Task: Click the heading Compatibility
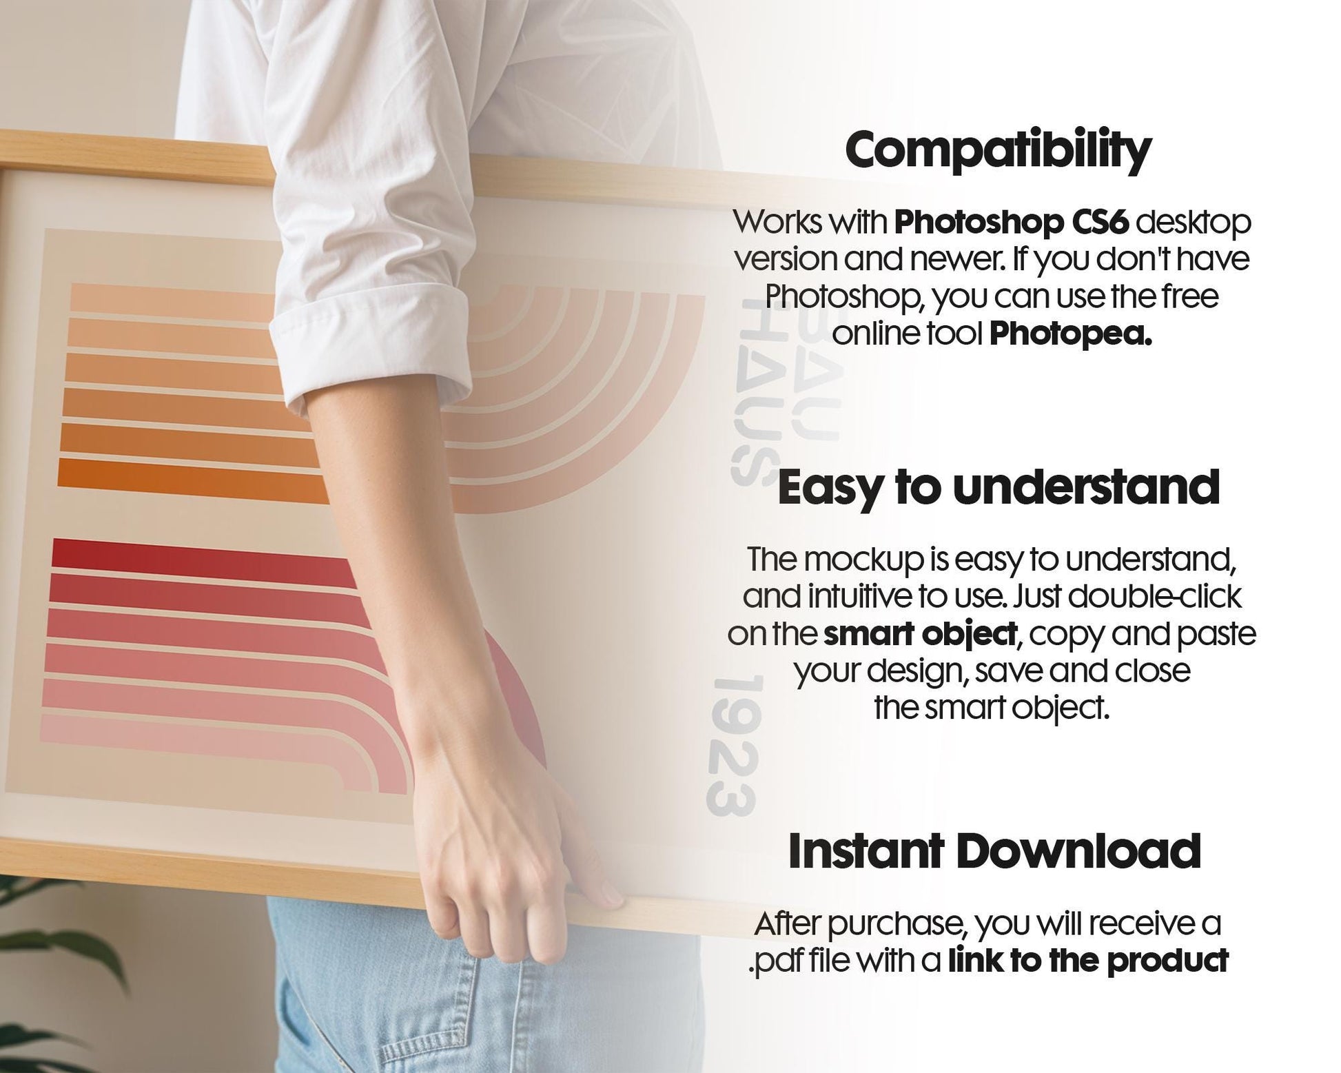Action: pos(998,150)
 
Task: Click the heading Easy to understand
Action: pos(999,487)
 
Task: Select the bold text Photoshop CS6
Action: pos(1011,223)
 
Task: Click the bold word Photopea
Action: pos(1070,334)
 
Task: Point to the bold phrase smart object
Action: pos(919,633)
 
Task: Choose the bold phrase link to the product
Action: pos(1088,961)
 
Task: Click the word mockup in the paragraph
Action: pos(864,560)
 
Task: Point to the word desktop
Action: pos(1192,223)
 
